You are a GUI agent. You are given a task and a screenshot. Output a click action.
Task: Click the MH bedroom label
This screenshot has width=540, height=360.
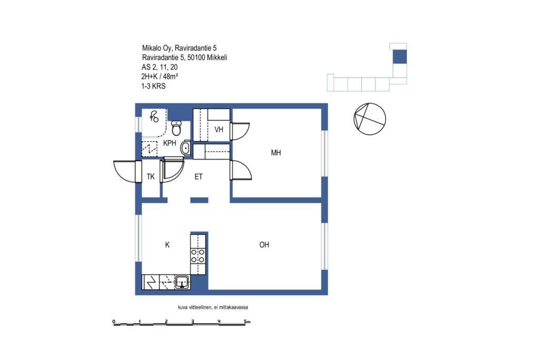tap(276, 152)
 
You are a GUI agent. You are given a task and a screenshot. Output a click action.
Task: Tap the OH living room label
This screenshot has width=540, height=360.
tap(264, 245)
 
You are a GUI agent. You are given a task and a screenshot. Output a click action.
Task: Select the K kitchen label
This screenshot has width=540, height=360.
tap(167, 245)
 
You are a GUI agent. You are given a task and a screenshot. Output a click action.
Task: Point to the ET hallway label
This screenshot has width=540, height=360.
tap(198, 177)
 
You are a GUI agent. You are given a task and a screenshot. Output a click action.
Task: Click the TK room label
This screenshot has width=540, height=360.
tap(150, 177)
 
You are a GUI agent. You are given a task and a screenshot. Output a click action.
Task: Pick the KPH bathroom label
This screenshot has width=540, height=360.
tap(169, 143)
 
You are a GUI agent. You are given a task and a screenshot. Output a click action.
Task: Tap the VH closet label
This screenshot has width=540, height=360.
tap(219, 130)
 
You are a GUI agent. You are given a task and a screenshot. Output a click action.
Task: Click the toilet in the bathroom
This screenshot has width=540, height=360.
tap(176, 128)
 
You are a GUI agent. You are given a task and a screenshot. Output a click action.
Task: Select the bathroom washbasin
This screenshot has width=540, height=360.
tap(186, 148)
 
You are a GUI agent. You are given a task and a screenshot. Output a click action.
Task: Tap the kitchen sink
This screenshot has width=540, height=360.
tap(182, 282)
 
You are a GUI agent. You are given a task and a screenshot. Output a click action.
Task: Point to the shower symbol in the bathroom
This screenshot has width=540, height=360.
tap(154, 116)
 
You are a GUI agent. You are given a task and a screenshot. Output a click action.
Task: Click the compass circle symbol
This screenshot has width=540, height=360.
tap(370, 119)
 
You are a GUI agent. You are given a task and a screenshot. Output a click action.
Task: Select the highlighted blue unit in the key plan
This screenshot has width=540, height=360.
tap(400, 57)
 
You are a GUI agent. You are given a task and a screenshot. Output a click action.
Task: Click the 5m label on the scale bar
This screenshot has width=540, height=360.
tap(247, 322)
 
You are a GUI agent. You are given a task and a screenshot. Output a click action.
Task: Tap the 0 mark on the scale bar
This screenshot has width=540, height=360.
tap(114, 322)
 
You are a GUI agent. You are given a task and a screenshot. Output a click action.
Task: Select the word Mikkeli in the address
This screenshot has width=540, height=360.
tap(217, 57)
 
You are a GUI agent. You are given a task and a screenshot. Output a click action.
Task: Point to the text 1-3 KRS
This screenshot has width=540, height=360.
tap(153, 86)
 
